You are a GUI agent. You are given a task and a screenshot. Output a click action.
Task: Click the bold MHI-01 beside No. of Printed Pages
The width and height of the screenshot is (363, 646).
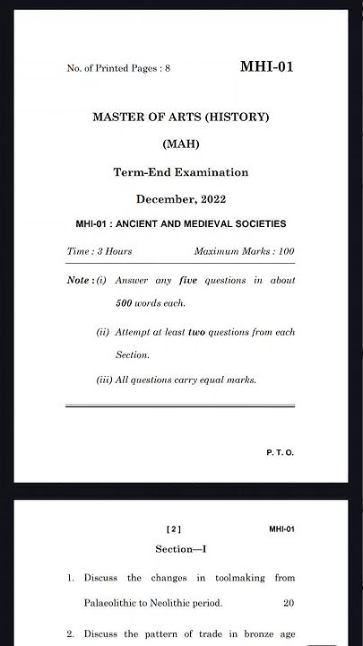point(267,67)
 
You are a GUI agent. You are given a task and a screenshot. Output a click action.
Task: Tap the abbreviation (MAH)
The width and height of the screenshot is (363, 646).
point(181,144)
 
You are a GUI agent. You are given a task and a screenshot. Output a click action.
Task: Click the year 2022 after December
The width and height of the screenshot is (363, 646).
point(208,198)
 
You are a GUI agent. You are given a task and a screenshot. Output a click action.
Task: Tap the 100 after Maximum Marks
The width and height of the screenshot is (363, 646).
point(286,251)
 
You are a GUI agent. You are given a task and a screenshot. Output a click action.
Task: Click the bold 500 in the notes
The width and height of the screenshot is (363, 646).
point(126,303)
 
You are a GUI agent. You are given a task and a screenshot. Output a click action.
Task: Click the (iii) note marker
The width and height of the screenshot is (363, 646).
point(104,380)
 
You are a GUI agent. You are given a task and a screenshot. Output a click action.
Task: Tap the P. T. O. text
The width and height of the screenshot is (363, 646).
point(280,452)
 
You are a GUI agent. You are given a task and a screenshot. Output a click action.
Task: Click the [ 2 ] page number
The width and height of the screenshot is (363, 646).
point(174,529)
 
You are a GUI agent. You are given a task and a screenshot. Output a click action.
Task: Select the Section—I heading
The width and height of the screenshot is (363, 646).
point(181,548)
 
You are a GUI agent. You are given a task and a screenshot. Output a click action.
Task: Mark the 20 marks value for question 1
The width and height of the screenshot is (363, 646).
point(288,603)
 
